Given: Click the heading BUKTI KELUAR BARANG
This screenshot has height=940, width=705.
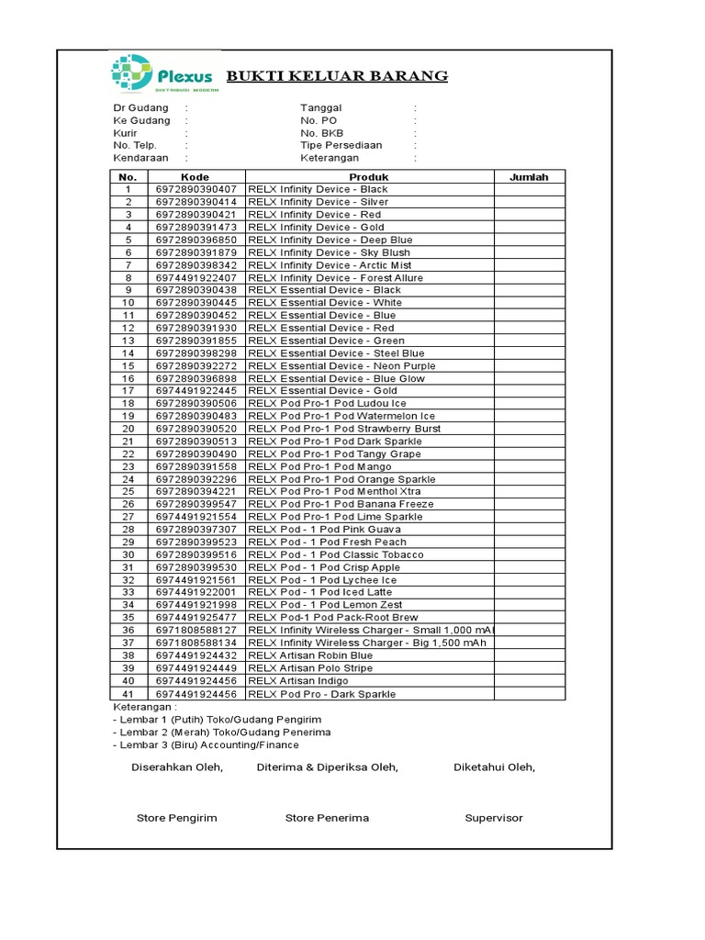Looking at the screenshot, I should [337, 75].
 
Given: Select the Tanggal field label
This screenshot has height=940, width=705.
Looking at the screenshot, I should [320, 107].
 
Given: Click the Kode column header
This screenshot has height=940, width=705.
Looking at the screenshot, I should [195, 177].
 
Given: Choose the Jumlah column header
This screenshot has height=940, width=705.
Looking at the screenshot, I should [530, 177].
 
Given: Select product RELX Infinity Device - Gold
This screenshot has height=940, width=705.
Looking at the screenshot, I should [316, 227].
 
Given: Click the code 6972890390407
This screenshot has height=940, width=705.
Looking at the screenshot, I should [196, 189].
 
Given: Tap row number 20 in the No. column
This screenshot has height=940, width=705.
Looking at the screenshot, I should [129, 429].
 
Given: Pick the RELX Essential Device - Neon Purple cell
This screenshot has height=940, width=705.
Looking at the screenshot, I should [341, 365].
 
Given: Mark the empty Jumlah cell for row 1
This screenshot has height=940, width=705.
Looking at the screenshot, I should [530, 189].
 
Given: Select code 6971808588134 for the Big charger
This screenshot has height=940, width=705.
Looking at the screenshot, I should [196, 643].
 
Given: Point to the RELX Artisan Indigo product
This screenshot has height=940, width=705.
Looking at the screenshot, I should [297, 680].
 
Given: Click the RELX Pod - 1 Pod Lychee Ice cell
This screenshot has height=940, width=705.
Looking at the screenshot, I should [322, 580].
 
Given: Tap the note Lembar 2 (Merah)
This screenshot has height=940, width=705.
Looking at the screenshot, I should [222, 733].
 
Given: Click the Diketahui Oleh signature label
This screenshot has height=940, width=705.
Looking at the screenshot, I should [495, 767].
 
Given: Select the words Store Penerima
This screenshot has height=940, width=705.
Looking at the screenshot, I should [327, 818].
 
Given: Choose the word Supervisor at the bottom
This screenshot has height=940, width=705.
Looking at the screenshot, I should [494, 818].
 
